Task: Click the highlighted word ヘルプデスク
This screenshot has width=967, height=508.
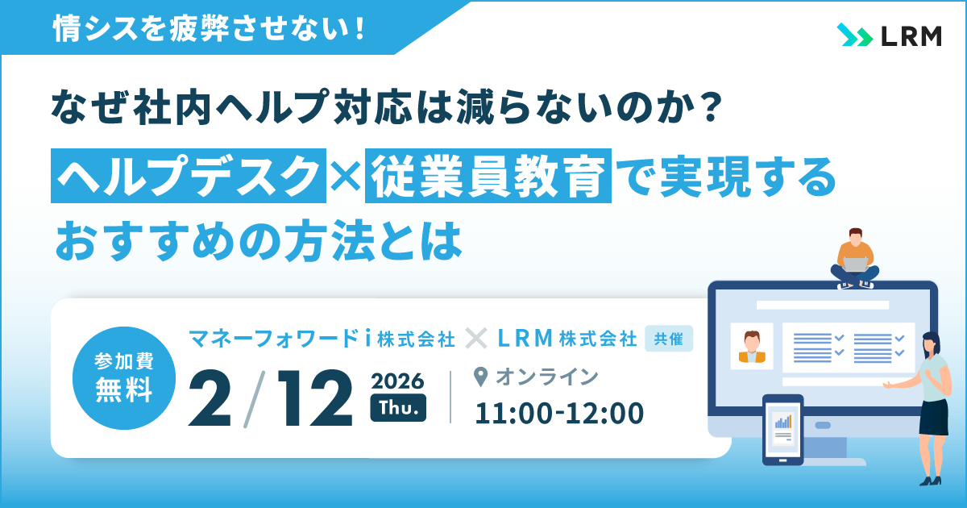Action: click(189, 173)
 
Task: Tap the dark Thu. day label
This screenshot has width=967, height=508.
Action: click(397, 410)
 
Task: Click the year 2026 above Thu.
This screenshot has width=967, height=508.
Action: click(397, 379)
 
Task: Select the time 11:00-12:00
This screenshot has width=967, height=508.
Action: click(559, 413)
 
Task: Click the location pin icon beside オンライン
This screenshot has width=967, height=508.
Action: click(482, 377)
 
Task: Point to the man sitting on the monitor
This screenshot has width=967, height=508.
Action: click(854, 258)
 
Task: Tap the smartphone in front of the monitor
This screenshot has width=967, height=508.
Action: click(782, 430)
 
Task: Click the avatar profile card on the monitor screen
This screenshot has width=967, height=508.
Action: click(752, 347)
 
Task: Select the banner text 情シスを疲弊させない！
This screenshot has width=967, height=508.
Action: click(208, 30)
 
